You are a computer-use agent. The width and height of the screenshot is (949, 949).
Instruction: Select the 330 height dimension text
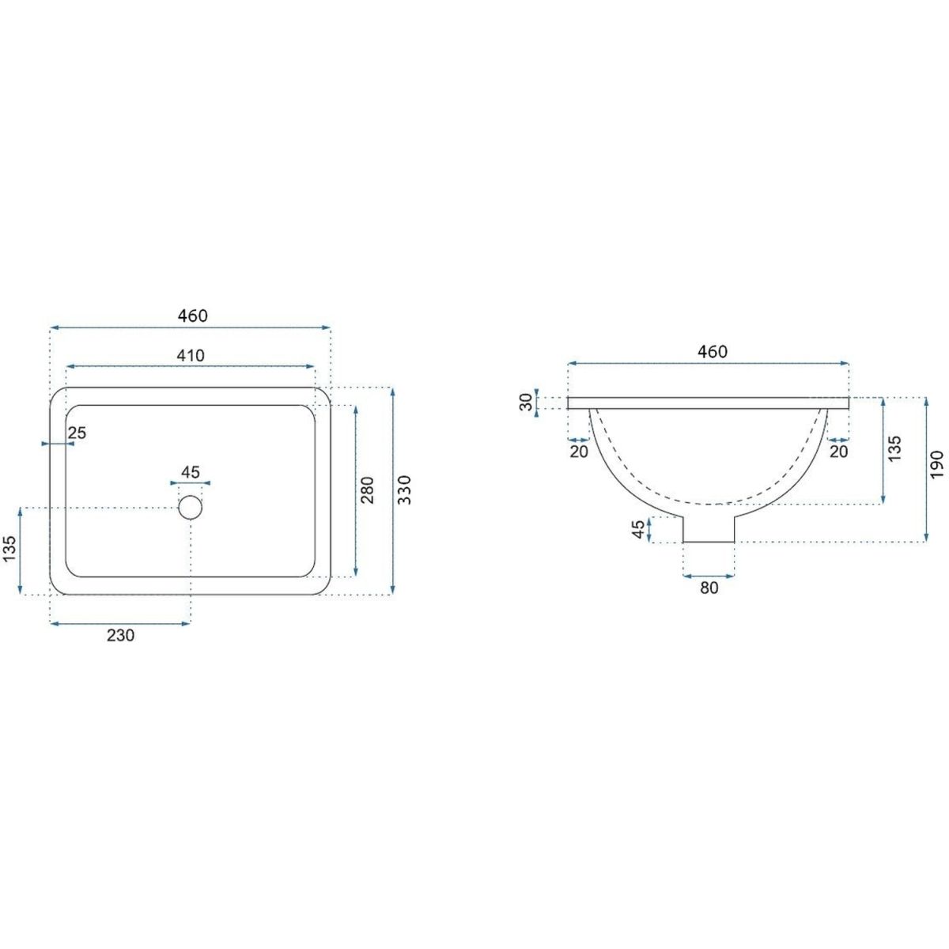point(404,490)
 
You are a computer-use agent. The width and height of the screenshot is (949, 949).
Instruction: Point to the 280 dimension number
point(368,490)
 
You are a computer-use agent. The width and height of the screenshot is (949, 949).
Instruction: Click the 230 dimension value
point(120,635)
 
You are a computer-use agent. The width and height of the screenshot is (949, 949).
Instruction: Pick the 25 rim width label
point(77,433)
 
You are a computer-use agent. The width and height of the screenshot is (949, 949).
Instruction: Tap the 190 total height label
point(936,463)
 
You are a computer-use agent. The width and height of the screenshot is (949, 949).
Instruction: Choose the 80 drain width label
point(709,588)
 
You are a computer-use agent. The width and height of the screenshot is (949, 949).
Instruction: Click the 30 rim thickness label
point(526,402)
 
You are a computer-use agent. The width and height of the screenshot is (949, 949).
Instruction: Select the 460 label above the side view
point(712,351)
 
